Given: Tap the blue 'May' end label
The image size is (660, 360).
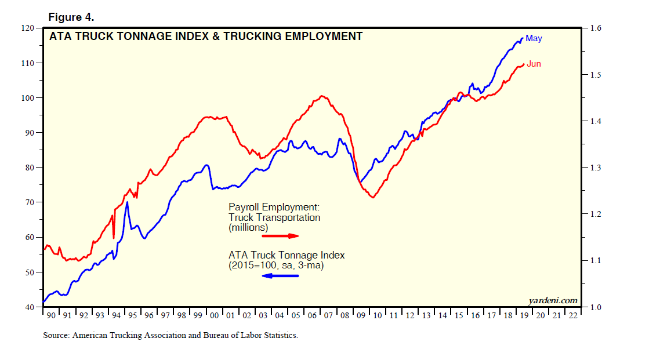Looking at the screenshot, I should pyautogui.click(x=534, y=38).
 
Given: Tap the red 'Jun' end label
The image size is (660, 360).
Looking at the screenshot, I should pyautogui.click(x=534, y=64).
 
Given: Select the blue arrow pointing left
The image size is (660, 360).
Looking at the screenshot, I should pyautogui.click(x=281, y=276).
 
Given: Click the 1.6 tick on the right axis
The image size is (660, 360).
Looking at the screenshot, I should pyautogui.click(x=594, y=28).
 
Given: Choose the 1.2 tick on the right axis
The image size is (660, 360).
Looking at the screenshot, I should pyautogui.click(x=594, y=214).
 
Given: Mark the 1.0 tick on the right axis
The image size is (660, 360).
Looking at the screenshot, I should pyautogui.click(x=594, y=307).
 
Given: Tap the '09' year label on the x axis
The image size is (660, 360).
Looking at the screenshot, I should pyautogui.click(x=361, y=316).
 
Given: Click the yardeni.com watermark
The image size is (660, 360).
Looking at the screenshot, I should pyautogui.click(x=553, y=300).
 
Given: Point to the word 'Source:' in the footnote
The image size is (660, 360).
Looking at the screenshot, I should pyautogui.click(x=56, y=335).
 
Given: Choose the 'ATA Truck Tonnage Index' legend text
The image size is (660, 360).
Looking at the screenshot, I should pyautogui.click(x=287, y=255).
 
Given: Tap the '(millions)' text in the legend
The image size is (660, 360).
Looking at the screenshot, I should pyautogui.click(x=248, y=228).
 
